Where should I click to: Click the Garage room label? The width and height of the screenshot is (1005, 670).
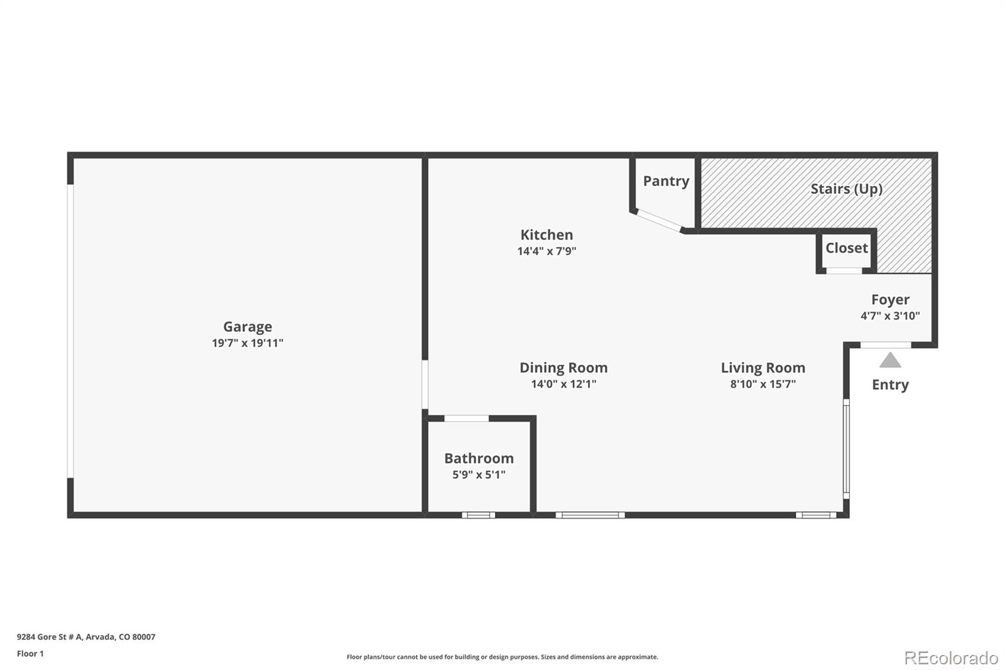point(247,326)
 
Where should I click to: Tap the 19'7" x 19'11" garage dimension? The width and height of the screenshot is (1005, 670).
point(247,343)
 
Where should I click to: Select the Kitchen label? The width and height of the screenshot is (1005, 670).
point(546,234)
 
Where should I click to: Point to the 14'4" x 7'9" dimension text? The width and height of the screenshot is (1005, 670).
point(546,251)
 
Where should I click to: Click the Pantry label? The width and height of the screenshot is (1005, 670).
point(666,181)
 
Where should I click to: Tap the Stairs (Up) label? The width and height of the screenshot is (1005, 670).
point(846,189)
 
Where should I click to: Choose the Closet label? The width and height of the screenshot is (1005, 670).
point(846,248)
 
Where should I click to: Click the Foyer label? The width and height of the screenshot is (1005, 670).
point(890,300)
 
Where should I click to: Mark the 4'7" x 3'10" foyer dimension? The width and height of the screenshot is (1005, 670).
point(890,316)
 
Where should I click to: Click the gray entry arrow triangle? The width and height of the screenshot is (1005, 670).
point(890,361)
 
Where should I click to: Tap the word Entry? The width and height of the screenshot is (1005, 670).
point(890,385)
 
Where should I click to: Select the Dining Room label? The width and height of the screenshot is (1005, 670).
point(563,368)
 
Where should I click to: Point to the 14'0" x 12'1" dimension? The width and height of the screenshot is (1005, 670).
point(563,384)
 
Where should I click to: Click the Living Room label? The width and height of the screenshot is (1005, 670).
point(763,368)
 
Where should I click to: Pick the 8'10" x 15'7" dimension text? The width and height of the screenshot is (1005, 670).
point(763,384)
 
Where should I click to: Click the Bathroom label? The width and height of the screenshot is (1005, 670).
point(479,458)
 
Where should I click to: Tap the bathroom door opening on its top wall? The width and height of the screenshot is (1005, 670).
point(466,419)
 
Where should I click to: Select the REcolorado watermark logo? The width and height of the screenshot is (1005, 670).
point(951,658)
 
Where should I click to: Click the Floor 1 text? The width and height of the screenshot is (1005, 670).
point(30,654)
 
